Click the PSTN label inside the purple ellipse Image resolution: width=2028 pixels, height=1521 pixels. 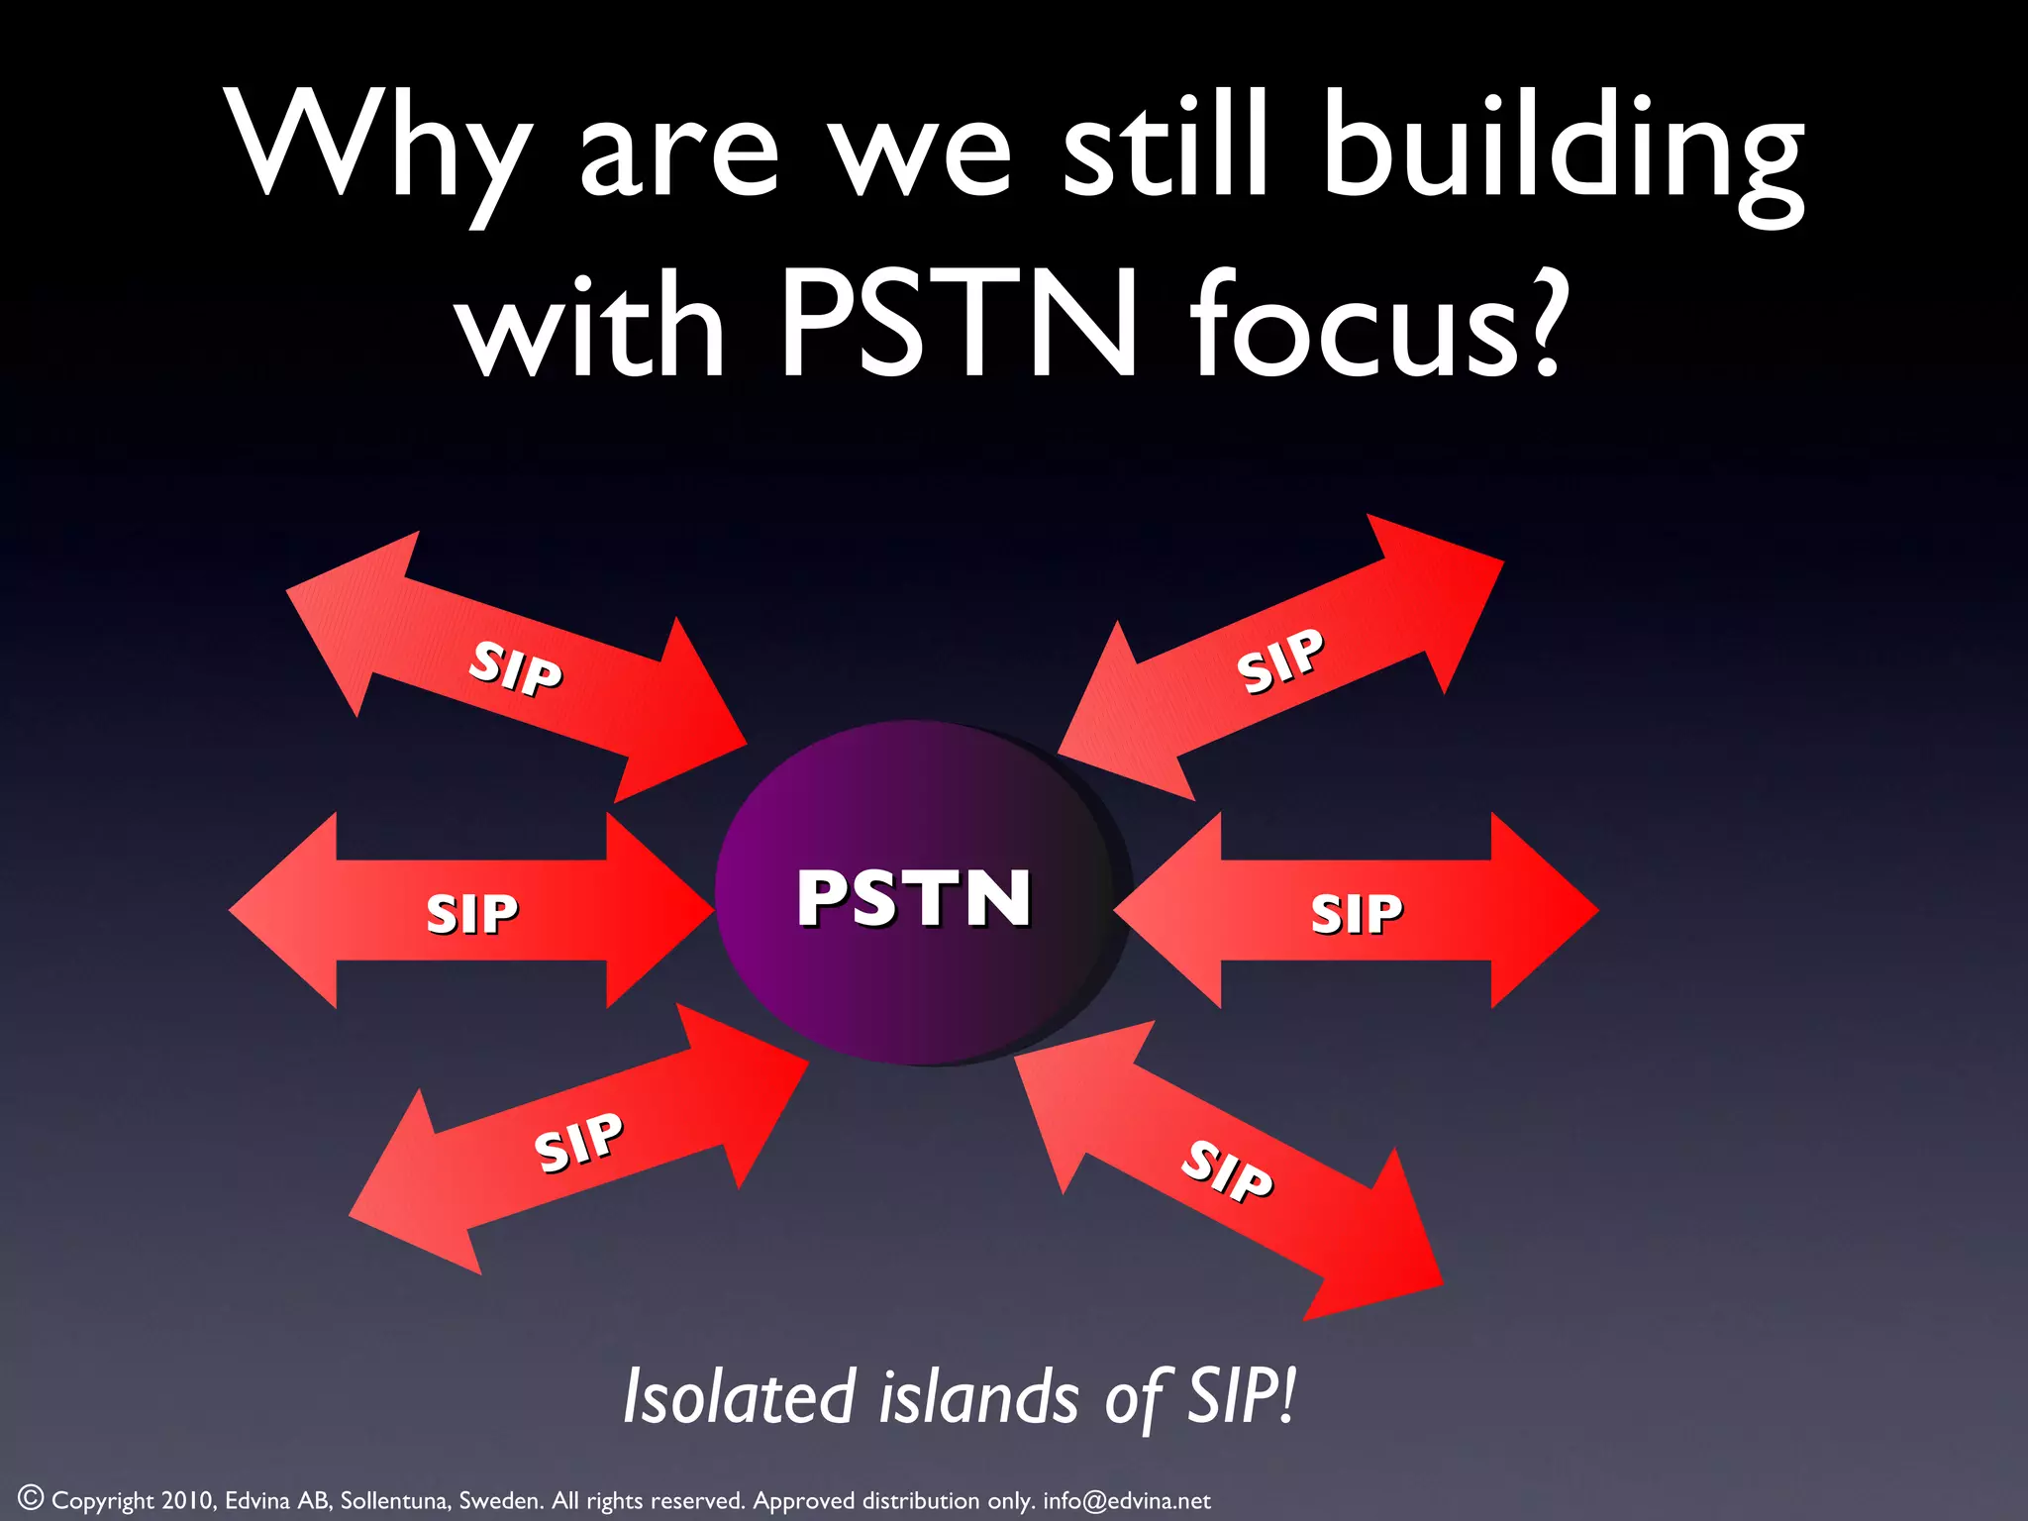tap(914, 898)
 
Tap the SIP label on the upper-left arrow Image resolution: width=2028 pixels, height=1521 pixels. tap(516, 667)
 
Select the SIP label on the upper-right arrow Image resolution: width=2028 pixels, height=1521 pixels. tap(1279, 659)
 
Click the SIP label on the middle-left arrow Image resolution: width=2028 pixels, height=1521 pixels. tap(471, 913)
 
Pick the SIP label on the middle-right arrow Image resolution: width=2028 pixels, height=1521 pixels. tap(1356, 913)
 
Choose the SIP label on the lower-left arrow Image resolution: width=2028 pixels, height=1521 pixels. tap(578, 1142)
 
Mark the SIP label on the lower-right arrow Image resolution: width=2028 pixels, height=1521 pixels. tap(1227, 1170)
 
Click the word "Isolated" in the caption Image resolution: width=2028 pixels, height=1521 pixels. tap(739, 1396)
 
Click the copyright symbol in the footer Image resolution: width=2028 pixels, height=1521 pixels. tap(31, 1496)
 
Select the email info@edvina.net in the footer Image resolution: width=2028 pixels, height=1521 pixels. tap(1126, 1500)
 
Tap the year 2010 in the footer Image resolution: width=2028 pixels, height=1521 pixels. tap(187, 1500)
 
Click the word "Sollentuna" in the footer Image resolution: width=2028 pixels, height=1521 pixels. tap(394, 1500)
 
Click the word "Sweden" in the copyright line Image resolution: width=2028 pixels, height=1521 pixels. tap(500, 1500)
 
